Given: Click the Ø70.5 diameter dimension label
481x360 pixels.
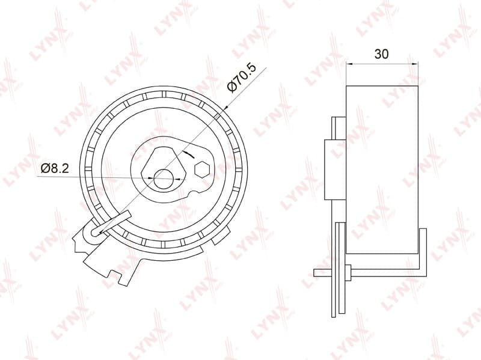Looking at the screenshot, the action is (242, 78).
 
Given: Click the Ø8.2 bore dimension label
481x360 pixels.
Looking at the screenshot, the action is (55, 168).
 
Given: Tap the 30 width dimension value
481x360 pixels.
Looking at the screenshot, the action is (382, 54).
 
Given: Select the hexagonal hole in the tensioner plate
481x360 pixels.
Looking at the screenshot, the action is (202, 169).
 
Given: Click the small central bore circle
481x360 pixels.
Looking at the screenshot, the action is (163, 178).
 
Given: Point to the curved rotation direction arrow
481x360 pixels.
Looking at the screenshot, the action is (188, 154).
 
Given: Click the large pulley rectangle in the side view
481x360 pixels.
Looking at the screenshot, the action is (382, 170).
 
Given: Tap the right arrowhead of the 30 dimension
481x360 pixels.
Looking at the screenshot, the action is (415, 64).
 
